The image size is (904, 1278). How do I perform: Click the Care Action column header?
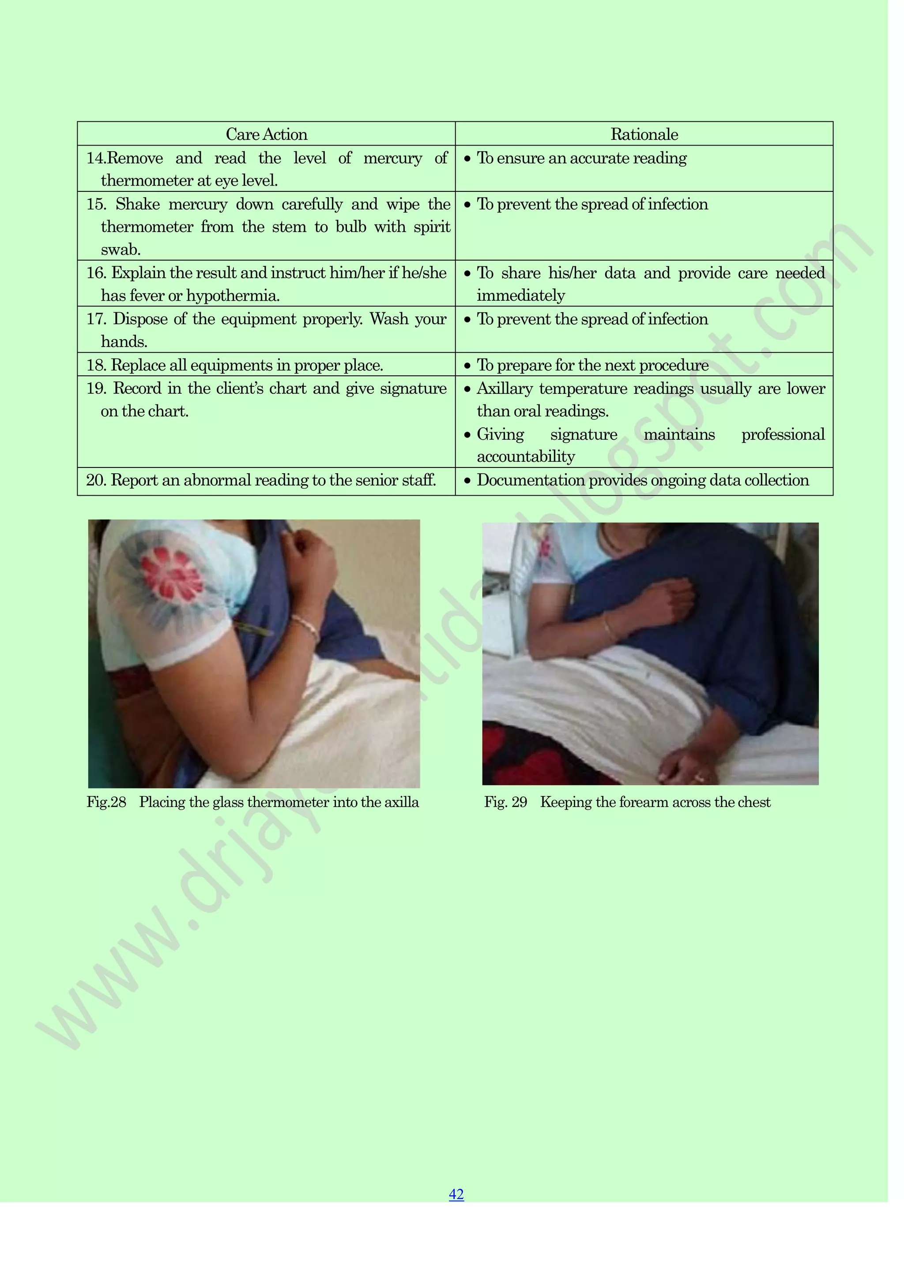pos(266,134)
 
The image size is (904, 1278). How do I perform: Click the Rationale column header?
pos(644,134)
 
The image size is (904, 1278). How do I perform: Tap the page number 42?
pos(456,1194)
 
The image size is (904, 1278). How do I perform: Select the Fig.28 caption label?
pos(106,802)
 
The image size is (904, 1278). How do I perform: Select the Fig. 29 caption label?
pos(505,802)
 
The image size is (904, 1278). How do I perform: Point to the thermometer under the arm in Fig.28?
pos(253,628)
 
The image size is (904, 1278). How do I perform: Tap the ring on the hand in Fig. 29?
pos(700,777)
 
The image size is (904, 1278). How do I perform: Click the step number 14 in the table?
pos(96,158)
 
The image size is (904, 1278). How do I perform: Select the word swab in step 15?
pos(121,249)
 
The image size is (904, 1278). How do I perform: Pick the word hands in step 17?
pos(123,341)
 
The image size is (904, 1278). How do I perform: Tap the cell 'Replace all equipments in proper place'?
pos(247,365)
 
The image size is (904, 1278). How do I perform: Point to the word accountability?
pos(525,456)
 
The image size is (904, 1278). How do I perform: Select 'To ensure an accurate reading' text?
pos(581,158)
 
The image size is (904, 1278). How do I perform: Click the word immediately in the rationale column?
pos(521,295)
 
